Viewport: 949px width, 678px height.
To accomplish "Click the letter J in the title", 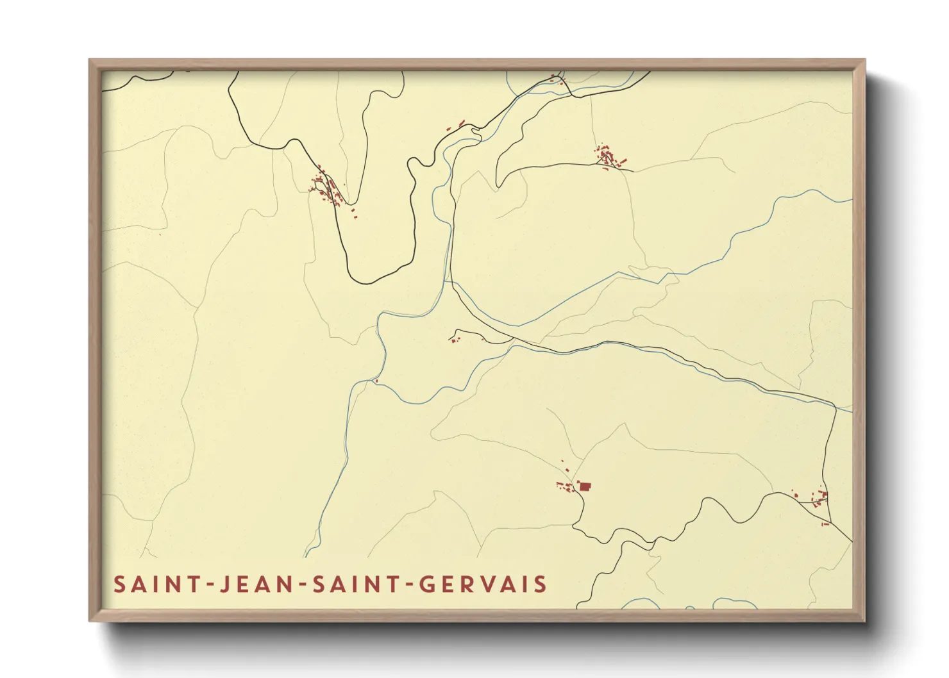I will coord(224,584).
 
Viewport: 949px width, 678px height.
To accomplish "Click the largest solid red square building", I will coord(584,486).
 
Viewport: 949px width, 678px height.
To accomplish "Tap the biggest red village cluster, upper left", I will coord(327,187).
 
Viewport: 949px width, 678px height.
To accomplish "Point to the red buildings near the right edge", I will coord(818,499).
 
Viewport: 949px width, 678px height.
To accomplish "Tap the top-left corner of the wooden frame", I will coord(91,62).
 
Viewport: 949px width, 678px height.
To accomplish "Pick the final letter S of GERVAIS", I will coord(541,584).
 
